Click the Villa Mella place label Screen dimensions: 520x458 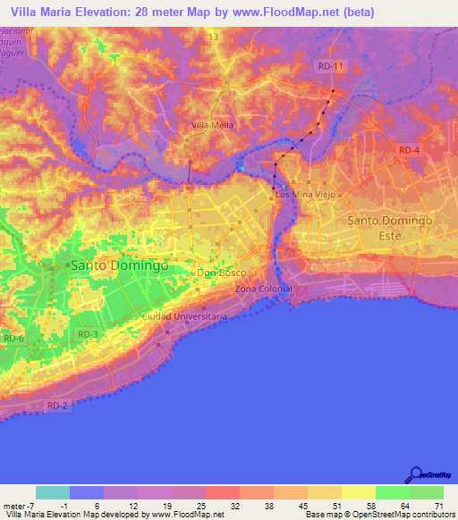(213, 125)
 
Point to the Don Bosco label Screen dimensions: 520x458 (220, 273)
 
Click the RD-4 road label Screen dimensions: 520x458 (410, 150)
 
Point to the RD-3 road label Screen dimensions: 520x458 (88, 334)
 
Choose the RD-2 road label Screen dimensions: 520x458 (57, 406)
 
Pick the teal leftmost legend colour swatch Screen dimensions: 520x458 (53, 492)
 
